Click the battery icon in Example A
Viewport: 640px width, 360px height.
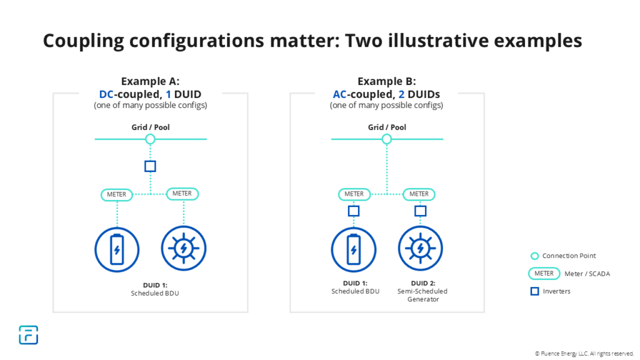coord(117,249)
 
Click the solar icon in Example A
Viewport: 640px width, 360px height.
coord(184,248)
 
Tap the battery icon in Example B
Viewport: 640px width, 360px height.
coord(354,249)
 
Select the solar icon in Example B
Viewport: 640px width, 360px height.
coord(421,248)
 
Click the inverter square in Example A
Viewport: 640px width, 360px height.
coord(150,166)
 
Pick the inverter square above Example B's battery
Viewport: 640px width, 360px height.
coord(354,211)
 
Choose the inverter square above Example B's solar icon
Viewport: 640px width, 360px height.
coord(421,211)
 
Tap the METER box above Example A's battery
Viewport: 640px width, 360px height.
coord(117,194)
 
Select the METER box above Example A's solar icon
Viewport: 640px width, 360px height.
coord(182,194)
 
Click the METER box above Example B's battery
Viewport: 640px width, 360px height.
coord(354,194)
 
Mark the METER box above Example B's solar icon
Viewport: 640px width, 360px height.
coord(419,194)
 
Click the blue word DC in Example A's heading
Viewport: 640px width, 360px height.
coord(106,94)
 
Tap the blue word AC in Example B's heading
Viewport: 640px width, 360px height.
coord(339,94)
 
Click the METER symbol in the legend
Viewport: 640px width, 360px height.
coord(544,274)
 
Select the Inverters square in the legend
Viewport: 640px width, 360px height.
coord(535,291)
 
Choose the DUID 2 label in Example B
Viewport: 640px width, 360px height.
coord(423,283)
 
